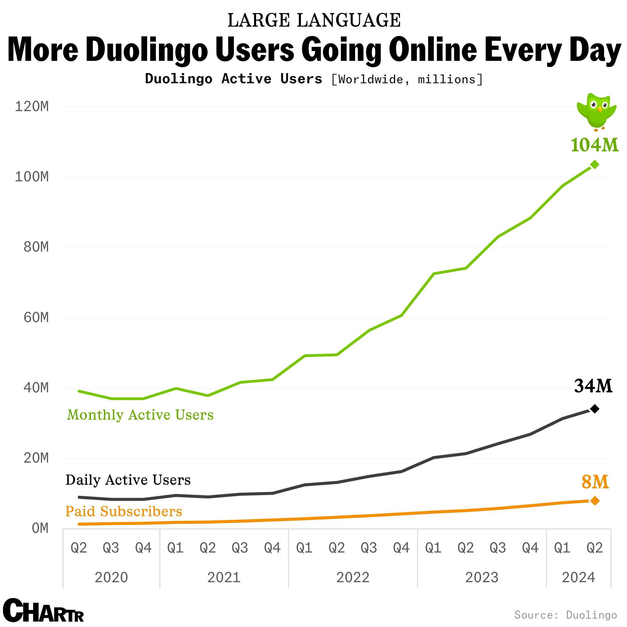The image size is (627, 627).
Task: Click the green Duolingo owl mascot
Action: pos(596,111)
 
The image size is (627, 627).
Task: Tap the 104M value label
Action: pos(595,145)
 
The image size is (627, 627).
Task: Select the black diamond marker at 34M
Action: pos(595,409)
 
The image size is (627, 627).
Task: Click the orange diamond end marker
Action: pos(595,501)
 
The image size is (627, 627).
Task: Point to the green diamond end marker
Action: pos(595,165)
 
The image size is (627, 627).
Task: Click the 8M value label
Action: pos(595,482)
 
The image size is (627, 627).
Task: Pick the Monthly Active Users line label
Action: pos(140,415)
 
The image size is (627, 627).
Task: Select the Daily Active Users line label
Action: pos(128,480)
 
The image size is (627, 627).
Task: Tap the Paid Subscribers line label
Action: pos(124,511)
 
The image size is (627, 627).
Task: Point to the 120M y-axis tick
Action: pos(32,107)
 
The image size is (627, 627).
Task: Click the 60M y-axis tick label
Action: pos(36,317)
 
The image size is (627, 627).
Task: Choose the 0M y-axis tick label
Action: pos(40,528)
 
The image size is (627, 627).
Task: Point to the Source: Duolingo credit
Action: pos(565,615)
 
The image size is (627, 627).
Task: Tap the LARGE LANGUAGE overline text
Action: pos(314,21)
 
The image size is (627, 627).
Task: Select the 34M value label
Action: pos(593,386)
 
